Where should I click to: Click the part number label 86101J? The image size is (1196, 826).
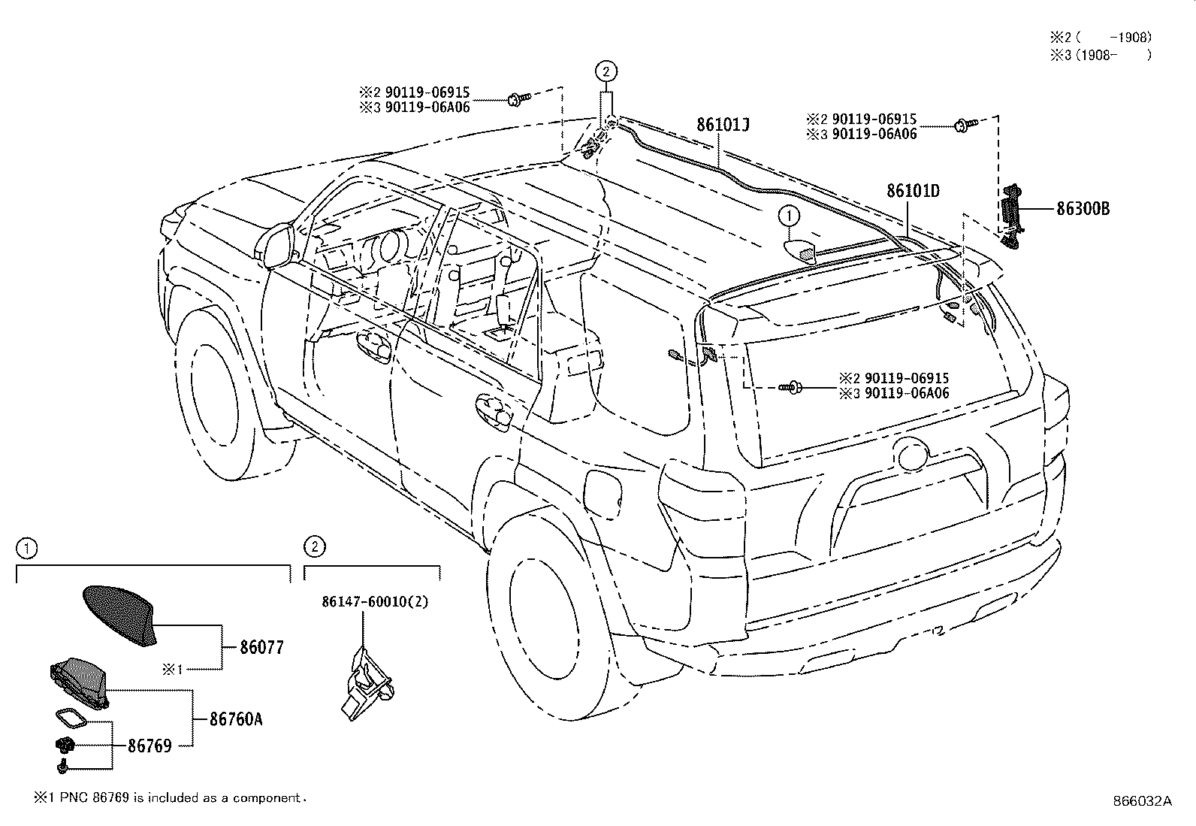tap(723, 125)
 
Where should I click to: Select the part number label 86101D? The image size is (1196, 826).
tap(913, 191)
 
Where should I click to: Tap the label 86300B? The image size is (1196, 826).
tap(1083, 209)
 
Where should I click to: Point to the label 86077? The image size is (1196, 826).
tap(261, 647)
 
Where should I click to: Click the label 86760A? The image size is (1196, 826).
tap(236, 719)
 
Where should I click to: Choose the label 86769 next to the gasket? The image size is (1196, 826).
tap(149, 746)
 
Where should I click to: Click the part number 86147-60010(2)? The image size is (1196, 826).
tap(375, 602)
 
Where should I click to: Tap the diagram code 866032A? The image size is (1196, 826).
tap(1142, 801)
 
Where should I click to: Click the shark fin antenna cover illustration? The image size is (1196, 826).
tap(117, 613)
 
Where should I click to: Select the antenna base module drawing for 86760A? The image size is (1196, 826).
tap(79, 680)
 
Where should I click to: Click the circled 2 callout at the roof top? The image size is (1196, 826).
tap(606, 71)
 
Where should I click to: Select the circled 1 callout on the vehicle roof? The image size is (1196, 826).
tap(788, 216)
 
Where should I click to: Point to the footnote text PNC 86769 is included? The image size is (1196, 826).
tap(171, 797)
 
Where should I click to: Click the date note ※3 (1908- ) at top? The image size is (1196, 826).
tap(1100, 54)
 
